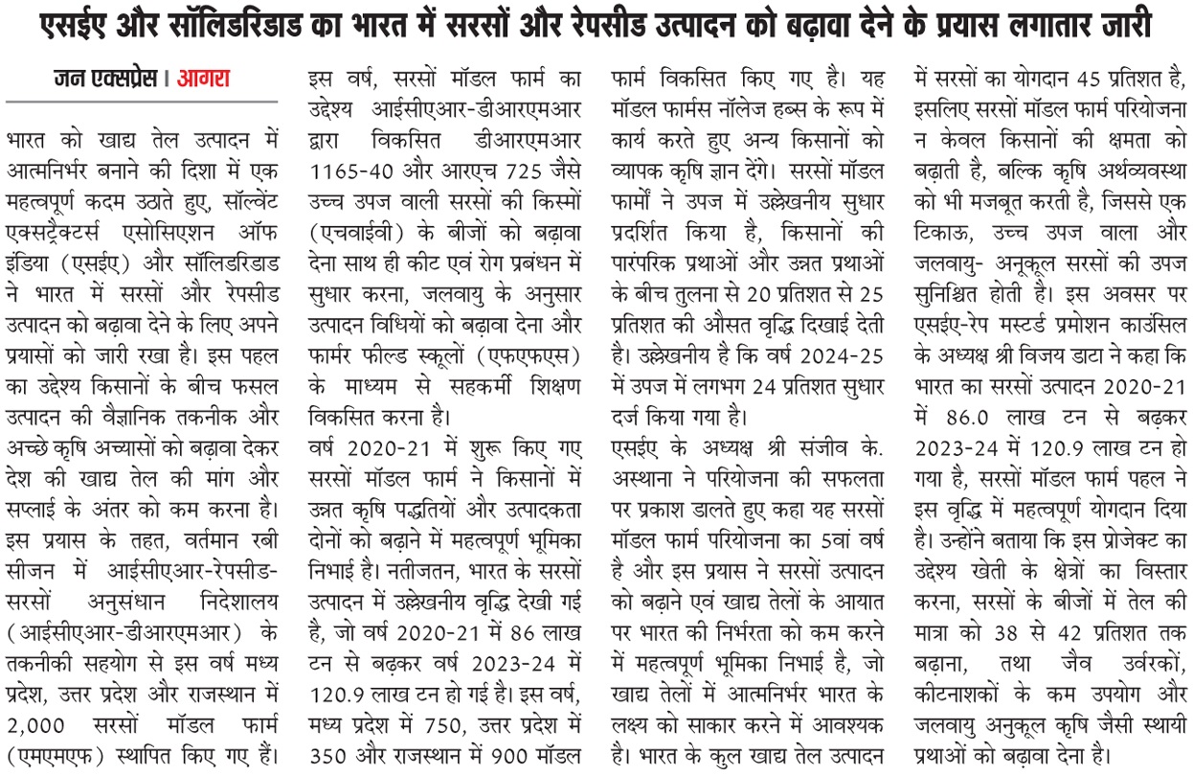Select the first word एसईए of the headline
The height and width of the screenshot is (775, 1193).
(78, 26)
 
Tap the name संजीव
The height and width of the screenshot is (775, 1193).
(825, 447)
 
